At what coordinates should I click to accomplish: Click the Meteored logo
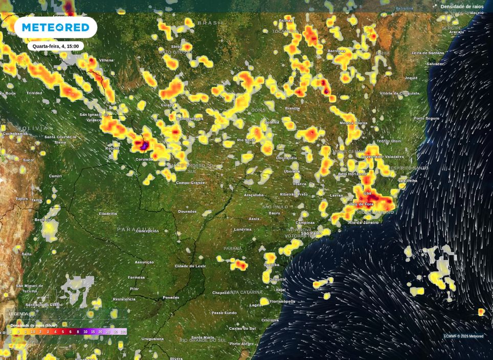pyautogui.click(x=55, y=28)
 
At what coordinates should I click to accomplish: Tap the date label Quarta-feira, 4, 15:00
pyautogui.click(x=55, y=46)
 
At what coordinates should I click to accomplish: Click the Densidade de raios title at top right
pyautogui.click(x=462, y=7)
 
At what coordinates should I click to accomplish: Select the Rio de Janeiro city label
pyautogui.click(x=363, y=222)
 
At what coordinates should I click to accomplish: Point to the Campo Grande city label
pyautogui.click(x=190, y=183)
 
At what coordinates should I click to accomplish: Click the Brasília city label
pyautogui.click(x=293, y=108)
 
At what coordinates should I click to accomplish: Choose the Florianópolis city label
pyautogui.click(x=282, y=301)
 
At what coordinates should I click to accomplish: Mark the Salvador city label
pyautogui.click(x=435, y=64)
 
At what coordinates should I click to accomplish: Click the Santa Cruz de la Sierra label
pyautogui.click(x=60, y=139)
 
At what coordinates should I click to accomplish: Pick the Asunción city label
pyautogui.click(x=144, y=262)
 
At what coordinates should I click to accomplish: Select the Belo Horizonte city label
pyautogui.click(x=352, y=174)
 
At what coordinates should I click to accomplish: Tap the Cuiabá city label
pyautogui.click(x=168, y=105)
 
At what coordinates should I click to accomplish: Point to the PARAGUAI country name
pyautogui.click(x=135, y=229)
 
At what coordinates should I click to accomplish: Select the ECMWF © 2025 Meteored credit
pyautogui.click(x=463, y=336)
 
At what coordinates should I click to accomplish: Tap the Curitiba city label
pyautogui.click(x=272, y=265)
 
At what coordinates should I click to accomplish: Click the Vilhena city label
pyautogui.click(x=106, y=60)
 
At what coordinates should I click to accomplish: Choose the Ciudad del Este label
pyautogui.click(x=190, y=266)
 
